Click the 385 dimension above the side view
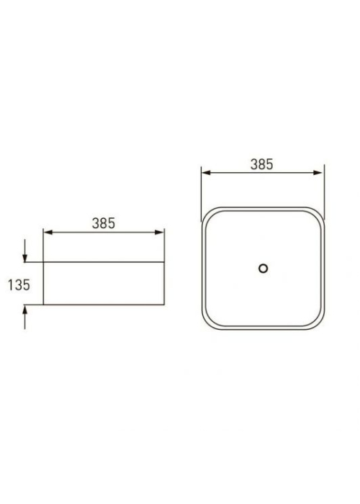point(104,223)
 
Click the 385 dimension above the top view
point(262,164)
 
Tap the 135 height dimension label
point(19,285)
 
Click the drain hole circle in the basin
point(264,269)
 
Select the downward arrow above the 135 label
point(24,251)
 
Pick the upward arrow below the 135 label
point(24,317)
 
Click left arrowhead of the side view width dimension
point(48,233)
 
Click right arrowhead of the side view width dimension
point(159,233)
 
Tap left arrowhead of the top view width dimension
point(207,173)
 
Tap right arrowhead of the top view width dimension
point(318,173)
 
